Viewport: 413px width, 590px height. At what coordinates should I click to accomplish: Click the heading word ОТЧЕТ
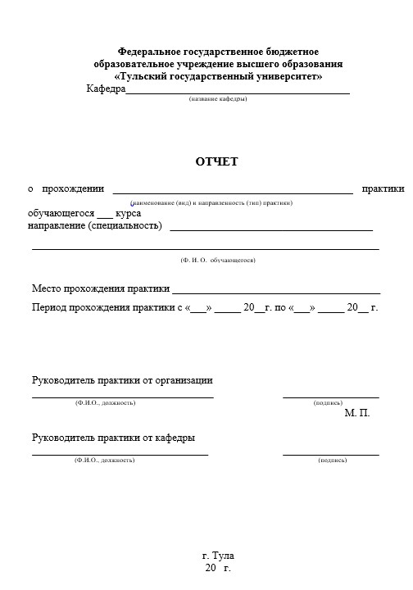(216, 161)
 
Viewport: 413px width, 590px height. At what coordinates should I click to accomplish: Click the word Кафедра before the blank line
(106, 88)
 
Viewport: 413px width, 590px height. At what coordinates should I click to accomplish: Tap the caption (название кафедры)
(217, 99)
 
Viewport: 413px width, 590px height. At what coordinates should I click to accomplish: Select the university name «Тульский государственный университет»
(218, 76)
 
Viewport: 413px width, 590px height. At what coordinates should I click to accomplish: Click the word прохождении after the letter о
(73, 189)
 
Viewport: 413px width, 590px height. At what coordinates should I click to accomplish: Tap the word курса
(129, 213)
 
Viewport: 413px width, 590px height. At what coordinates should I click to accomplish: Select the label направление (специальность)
(95, 225)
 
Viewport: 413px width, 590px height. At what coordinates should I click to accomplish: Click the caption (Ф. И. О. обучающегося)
(218, 260)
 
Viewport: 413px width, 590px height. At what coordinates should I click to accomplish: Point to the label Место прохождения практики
(101, 288)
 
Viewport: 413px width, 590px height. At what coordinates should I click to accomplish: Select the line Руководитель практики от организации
(122, 380)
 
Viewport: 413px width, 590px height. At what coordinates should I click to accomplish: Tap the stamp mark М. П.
(357, 413)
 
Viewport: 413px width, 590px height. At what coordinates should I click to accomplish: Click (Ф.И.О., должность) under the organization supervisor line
(105, 403)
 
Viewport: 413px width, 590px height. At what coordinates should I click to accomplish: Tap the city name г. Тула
(218, 556)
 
